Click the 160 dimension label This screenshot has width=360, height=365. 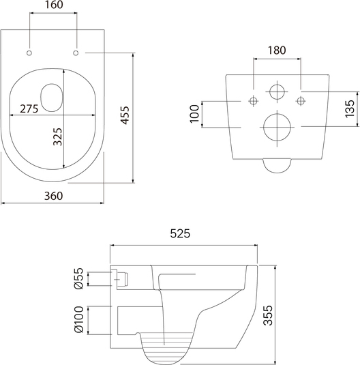click(x=54, y=5)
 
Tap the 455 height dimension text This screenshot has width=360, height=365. click(x=125, y=115)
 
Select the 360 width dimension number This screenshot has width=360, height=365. click(x=54, y=196)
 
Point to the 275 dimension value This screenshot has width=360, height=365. click(x=29, y=108)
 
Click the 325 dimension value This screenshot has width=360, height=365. click(x=57, y=136)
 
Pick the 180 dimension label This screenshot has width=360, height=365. click(x=277, y=50)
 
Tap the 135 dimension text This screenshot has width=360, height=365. click(x=350, y=108)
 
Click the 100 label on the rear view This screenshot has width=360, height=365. click(x=194, y=114)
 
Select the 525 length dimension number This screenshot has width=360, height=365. click(x=180, y=233)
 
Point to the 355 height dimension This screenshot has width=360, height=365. click(x=268, y=315)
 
